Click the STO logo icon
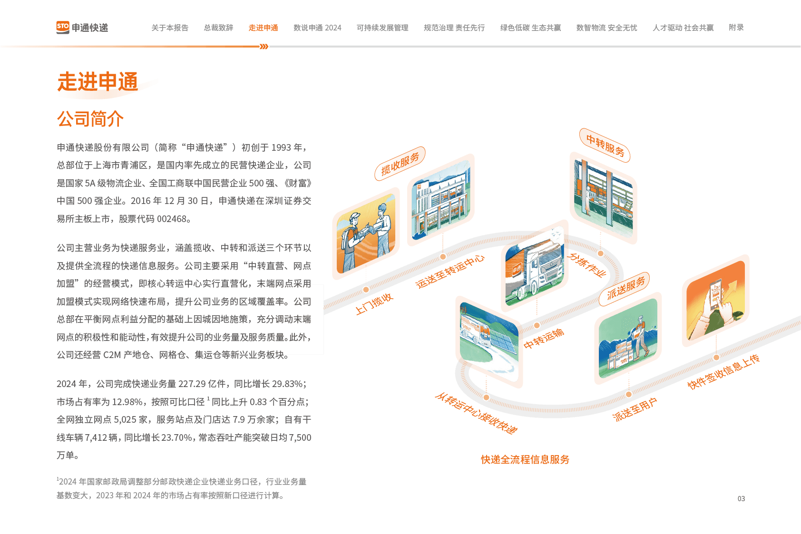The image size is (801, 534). pos(62,27)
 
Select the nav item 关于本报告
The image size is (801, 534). pos(170,28)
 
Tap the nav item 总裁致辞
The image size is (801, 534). pos(218,28)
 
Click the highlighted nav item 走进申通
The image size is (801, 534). pos(263,28)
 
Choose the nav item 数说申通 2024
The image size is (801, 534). pos(317,28)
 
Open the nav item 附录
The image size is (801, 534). pos(736,28)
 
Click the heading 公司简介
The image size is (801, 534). pos(90,119)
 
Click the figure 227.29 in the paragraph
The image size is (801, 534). pos(192,384)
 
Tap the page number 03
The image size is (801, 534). pos(741,498)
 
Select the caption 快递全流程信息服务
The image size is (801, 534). pos(525,459)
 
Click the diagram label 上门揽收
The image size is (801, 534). pos(374,303)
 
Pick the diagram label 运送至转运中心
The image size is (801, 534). pos(450,271)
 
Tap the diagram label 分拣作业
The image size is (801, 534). pos(588,265)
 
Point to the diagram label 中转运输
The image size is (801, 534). pos(544,339)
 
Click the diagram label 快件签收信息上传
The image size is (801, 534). pos(723,372)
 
